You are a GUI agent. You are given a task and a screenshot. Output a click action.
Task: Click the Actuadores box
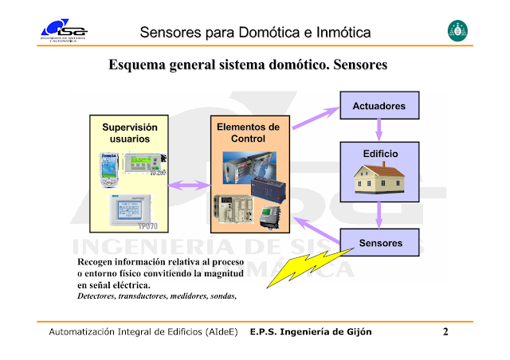coord(379,105)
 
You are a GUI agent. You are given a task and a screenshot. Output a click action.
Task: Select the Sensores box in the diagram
coord(380,242)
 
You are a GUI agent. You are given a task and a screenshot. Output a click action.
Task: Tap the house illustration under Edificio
coord(379,177)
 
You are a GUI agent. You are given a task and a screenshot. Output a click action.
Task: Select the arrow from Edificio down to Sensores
coord(379,213)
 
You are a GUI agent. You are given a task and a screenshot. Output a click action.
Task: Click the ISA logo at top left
coord(65,31)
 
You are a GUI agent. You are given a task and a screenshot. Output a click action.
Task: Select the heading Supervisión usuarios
coord(130,133)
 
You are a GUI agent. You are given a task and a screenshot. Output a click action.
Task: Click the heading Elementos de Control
coord(248,133)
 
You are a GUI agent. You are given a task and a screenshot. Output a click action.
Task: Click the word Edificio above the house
coord(380,153)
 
